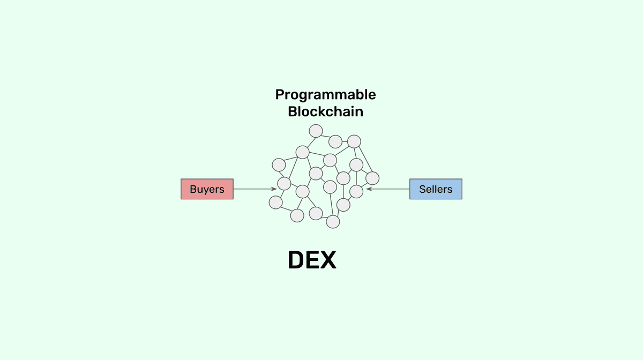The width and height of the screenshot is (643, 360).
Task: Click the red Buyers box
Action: click(x=207, y=189)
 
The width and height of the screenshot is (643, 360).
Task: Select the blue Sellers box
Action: click(x=436, y=189)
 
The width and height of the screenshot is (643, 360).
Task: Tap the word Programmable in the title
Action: click(x=325, y=95)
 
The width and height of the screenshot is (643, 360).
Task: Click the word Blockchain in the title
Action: click(x=325, y=112)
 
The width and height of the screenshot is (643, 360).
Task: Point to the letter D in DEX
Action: click(x=297, y=260)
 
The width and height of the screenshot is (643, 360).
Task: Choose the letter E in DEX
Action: click(x=313, y=260)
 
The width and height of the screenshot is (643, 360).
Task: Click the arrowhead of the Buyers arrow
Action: click(x=274, y=189)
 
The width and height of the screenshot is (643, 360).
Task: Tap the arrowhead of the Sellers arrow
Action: click(x=369, y=189)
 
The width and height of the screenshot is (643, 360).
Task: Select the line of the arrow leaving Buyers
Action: click(x=252, y=189)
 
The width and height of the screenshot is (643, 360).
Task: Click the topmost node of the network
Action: click(x=316, y=131)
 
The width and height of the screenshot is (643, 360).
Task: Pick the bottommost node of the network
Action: click(x=333, y=221)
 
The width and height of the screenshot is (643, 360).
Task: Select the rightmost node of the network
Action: click(x=372, y=178)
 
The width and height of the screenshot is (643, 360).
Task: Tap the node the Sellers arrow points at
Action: click(x=356, y=191)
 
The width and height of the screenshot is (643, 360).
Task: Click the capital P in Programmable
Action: click(x=280, y=95)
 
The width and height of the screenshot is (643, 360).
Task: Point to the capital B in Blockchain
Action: click(x=292, y=112)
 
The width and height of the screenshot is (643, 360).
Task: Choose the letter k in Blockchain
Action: click(x=328, y=112)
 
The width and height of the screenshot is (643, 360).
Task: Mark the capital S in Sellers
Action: click(x=423, y=189)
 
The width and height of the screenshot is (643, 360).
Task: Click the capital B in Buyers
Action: click(x=193, y=189)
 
